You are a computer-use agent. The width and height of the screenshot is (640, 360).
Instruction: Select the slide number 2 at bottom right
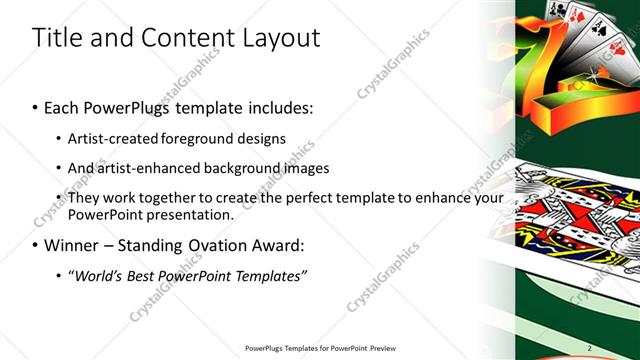coord(590,347)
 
